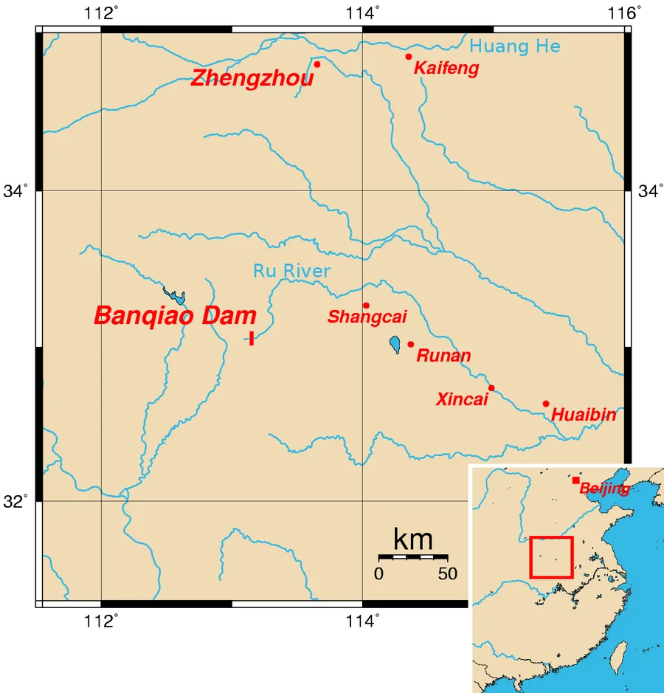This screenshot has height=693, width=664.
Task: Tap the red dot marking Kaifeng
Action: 408,57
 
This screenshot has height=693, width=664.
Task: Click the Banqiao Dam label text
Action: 175,316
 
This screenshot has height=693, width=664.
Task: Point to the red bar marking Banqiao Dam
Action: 252,338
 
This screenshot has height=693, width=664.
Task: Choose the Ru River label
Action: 291,271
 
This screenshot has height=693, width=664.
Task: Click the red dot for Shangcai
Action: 366,306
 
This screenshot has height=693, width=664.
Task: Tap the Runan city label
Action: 443,356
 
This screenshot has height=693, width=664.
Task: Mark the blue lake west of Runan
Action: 395,344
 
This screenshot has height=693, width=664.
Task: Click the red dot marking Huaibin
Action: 546,404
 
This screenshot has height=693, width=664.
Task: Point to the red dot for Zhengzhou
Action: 317,64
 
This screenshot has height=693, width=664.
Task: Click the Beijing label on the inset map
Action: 604,488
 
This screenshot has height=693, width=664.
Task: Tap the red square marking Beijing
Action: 575,480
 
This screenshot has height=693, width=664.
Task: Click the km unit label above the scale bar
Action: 413,539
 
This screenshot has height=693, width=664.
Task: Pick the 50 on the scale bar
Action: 447,574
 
